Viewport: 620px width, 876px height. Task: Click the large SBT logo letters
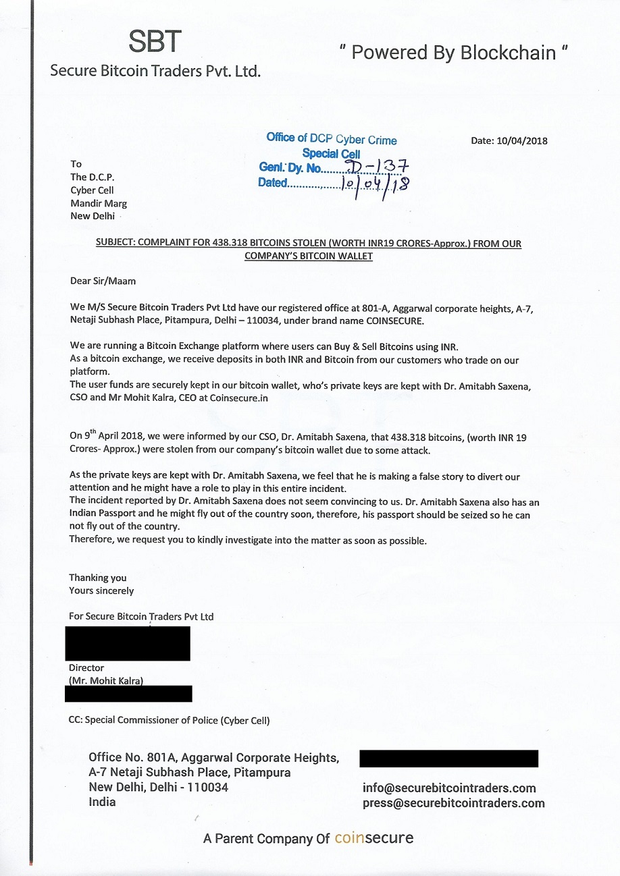click(155, 42)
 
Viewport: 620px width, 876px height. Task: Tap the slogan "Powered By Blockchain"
click(452, 53)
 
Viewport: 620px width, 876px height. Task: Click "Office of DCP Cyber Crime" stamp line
click(331, 139)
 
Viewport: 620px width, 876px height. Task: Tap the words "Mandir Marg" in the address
click(98, 203)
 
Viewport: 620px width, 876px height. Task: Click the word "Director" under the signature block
click(86, 668)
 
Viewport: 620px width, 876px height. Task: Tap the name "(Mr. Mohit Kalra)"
click(106, 680)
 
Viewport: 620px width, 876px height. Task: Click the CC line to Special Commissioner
click(170, 720)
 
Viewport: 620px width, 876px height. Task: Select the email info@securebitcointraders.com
click(449, 788)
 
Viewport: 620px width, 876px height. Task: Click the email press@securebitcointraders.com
click(453, 803)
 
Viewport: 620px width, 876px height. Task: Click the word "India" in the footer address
click(102, 802)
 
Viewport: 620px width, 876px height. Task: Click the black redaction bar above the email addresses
click(448, 758)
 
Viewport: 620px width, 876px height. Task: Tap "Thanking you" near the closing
click(97, 578)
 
